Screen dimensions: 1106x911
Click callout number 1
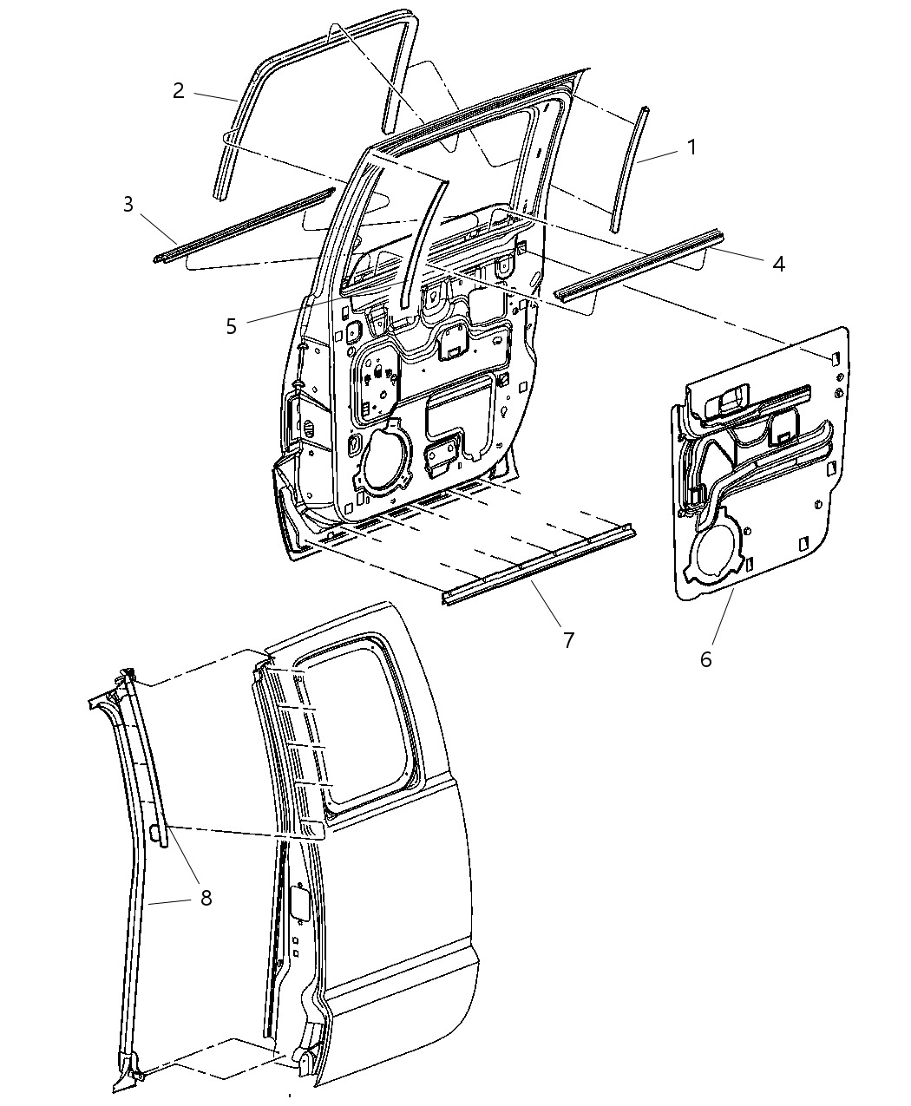[x=691, y=148]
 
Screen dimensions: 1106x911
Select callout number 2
[x=178, y=91]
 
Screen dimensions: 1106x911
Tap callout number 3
[x=128, y=205]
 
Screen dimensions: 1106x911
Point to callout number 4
[x=778, y=263]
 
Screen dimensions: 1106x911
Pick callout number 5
[x=231, y=326]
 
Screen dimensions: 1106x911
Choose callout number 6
[x=705, y=659]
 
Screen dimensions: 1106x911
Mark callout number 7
[x=568, y=640]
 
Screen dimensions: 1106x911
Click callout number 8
[x=206, y=898]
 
